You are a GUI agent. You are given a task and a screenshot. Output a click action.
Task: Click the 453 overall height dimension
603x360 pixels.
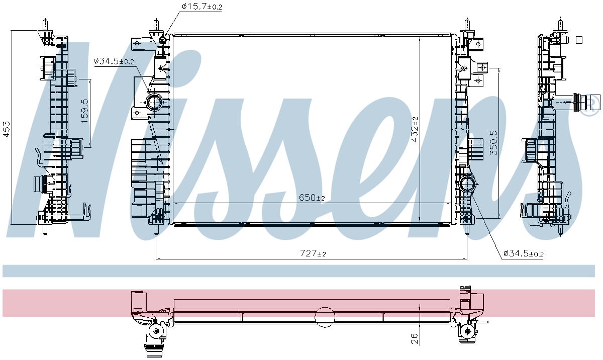pos(7,129)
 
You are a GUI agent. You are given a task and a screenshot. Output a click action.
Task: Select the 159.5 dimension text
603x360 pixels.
pos(84,111)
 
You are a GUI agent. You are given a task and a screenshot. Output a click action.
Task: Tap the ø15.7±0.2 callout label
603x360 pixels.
pos(202,7)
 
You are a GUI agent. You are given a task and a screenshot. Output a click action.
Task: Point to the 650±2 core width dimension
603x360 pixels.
pos(312,198)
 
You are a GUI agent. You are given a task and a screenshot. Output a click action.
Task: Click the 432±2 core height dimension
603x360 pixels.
pos(415,129)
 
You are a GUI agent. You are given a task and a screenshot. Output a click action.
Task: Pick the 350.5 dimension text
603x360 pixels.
pos(493,143)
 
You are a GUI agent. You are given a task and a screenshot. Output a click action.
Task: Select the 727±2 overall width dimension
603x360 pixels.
pos(313,253)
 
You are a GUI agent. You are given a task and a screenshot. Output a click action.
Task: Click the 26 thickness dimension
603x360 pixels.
pos(415,339)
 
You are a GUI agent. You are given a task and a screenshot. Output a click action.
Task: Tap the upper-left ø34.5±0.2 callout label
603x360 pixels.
pos(114,61)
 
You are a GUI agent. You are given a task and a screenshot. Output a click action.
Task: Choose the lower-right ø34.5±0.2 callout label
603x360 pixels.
pos(523,253)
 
